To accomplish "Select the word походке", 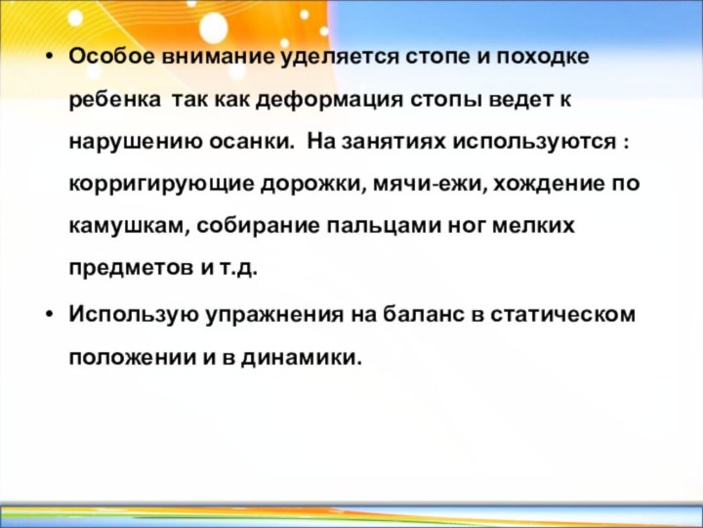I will coord(544,56).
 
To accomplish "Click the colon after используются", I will coord(624,143).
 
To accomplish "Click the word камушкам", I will coord(129,227).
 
